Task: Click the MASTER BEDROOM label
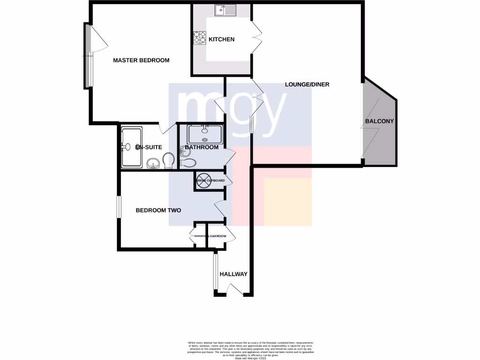(x=141, y=60)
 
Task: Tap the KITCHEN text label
(x=221, y=39)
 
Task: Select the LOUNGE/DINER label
(x=307, y=85)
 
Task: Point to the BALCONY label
(x=379, y=121)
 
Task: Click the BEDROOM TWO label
(x=158, y=210)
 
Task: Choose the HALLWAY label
(x=233, y=274)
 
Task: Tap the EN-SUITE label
(x=149, y=147)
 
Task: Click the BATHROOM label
(x=202, y=147)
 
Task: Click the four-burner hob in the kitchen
(x=199, y=37)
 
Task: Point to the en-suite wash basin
(x=153, y=164)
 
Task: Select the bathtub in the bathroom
(x=204, y=135)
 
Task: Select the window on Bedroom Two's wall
(x=118, y=206)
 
